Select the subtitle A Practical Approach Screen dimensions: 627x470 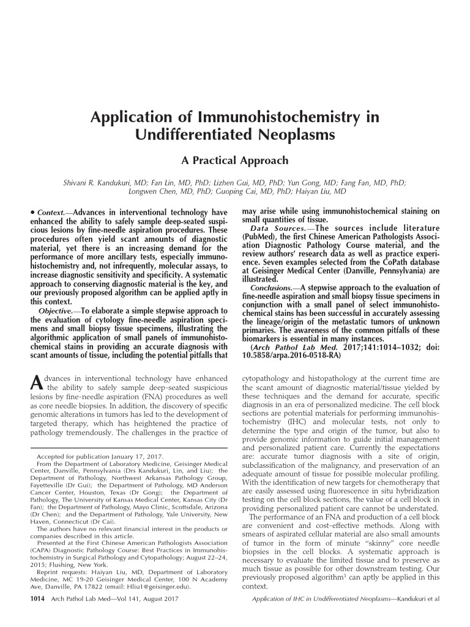tap(234, 160)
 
